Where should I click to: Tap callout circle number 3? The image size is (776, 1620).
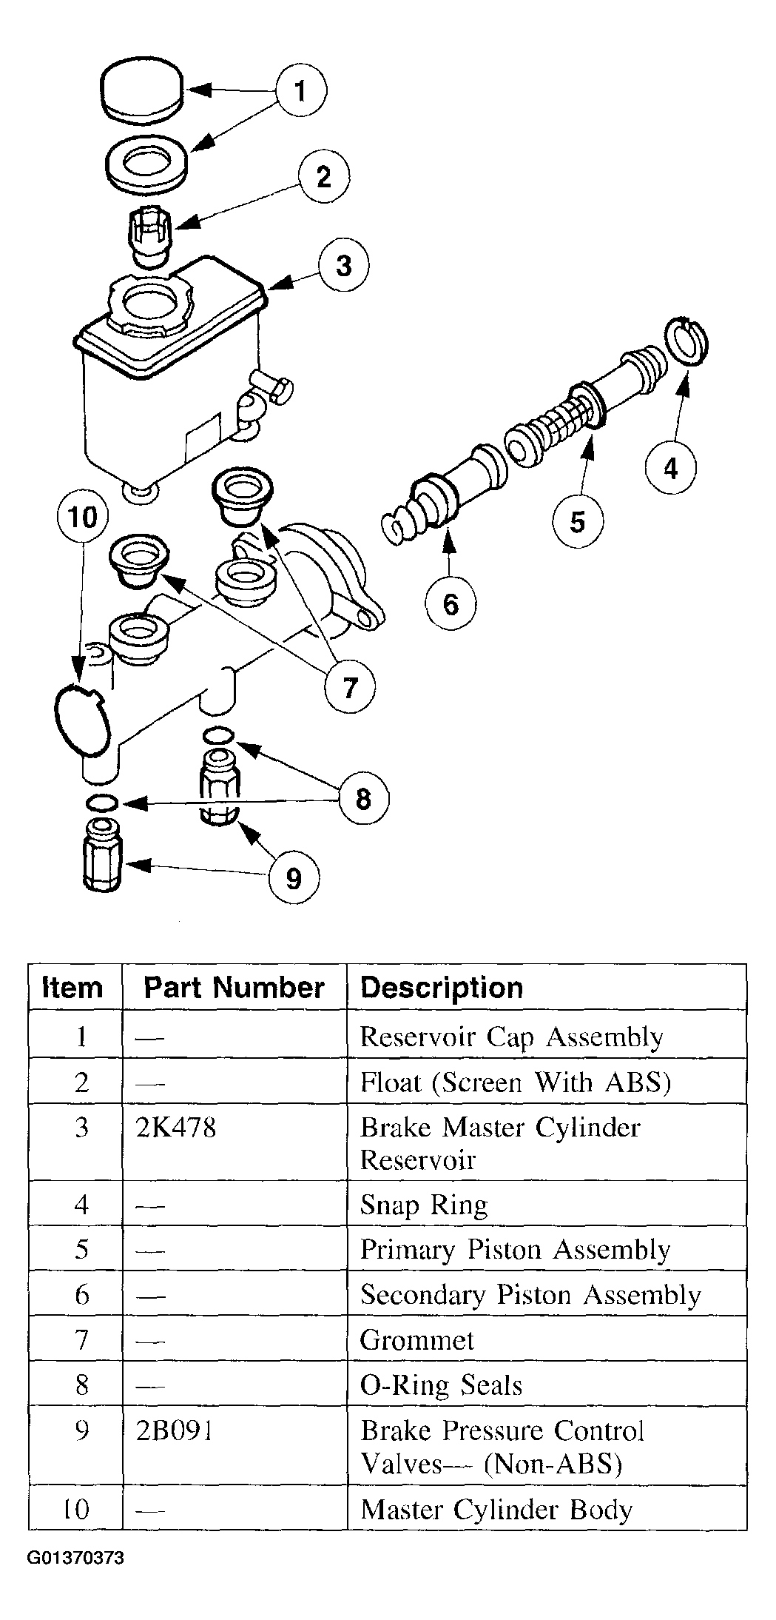tap(344, 266)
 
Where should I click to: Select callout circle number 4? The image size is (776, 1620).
tap(671, 467)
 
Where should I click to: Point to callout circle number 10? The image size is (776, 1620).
tap(82, 517)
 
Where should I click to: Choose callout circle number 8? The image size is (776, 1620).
tap(363, 799)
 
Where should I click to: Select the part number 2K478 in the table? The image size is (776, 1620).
tap(177, 1128)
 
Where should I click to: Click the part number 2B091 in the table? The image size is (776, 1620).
tap(175, 1431)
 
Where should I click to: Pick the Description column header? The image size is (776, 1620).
tap(442, 988)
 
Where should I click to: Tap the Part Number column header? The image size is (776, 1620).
tap(235, 988)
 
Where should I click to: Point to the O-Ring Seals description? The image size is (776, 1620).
tap(441, 1385)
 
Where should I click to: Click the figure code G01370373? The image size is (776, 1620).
tap(76, 1558)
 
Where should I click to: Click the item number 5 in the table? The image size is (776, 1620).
tap(81, 1250)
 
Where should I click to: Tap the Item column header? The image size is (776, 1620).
tap(72, 988)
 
